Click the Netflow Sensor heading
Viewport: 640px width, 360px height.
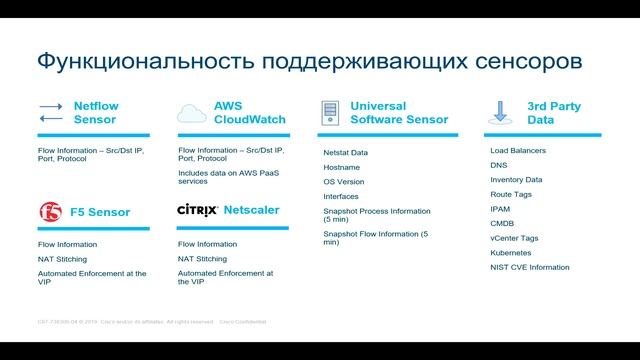pos(96,112)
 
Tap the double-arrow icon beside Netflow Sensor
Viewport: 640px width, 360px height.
pos(50,112)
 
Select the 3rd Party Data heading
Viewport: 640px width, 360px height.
pos(553,112)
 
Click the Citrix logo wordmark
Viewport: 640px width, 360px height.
pos(196,211)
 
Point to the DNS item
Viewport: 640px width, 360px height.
pos(499,165)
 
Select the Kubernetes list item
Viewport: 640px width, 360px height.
pos(510,253)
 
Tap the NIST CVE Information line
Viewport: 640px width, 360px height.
pos(530,268)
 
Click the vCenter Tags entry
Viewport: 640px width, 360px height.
pos(513,239)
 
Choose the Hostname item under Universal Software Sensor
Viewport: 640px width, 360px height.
pos(341,168)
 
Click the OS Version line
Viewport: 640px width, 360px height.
pos(343,182)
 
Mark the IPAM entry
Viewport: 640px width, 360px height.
pos(501,209)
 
